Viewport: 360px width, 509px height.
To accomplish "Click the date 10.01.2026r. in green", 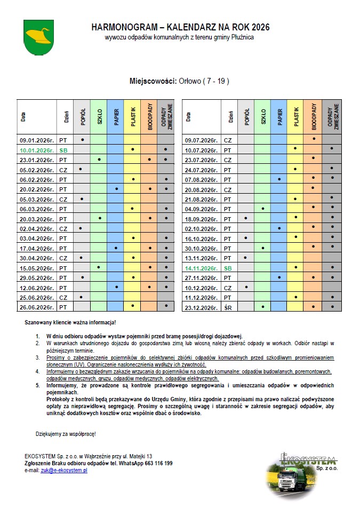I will click(x=38, y=150).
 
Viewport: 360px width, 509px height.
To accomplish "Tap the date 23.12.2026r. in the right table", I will click(x=201, y=307).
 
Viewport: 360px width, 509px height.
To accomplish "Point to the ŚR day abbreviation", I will click(x=228, y=307).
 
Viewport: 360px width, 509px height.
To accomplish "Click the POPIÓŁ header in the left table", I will click(x=82, y=117).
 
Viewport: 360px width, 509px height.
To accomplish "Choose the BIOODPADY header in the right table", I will click(x=314, y=117).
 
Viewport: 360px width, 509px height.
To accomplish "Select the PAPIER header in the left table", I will click(x=116, y=117).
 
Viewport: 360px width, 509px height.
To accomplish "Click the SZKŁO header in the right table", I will click(x=262, y=117).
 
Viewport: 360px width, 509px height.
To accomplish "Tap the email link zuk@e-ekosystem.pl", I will click(x=64, y=471).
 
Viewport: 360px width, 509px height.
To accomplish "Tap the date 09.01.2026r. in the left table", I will click(x=38, y=140).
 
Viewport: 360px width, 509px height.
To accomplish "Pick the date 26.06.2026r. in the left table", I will click(x=38, y=307).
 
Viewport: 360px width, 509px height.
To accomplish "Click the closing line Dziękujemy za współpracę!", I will click(x=66, y=434).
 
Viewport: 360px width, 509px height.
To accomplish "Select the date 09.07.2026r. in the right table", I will click(x=201, y=140).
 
